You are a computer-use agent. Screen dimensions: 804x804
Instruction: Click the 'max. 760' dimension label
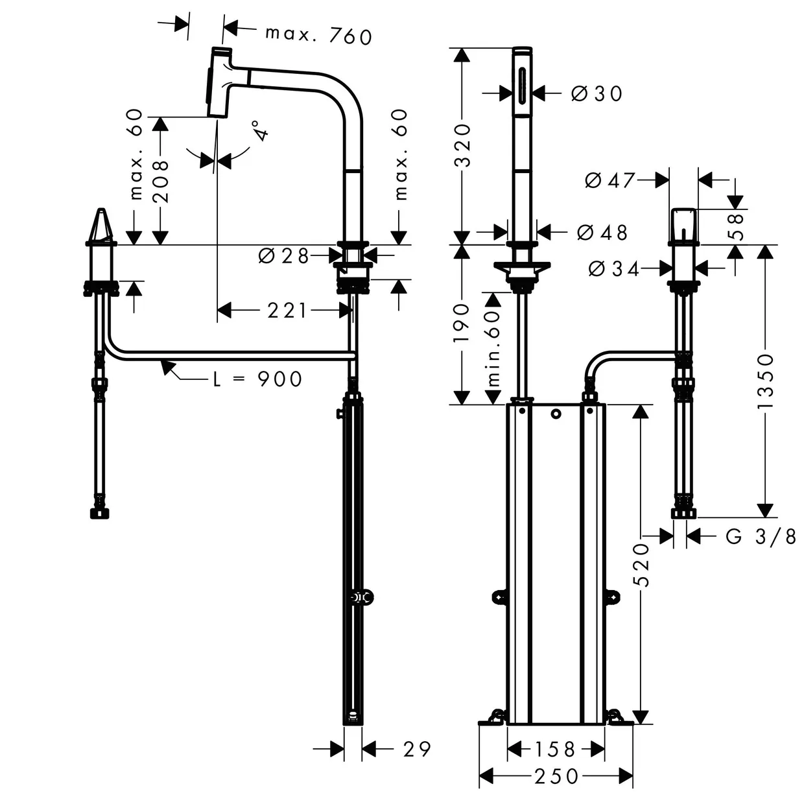[x=318, y=36]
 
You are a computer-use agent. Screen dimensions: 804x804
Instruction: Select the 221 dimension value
[x=287, y=311]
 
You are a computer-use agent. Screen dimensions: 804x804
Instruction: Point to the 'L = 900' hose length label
[x=257, y=379]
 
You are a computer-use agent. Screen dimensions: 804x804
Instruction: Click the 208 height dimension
[x=160, y=182]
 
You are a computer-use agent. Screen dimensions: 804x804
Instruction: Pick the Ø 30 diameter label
[x=597, y=93]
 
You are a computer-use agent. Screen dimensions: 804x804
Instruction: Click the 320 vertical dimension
[x=462, y=145]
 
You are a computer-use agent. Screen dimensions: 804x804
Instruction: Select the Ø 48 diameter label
[x=602, y=232]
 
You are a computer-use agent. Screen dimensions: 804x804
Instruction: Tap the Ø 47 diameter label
[x=609, y=180]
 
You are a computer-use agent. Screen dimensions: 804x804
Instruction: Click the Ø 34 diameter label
[x=614, y=268]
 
